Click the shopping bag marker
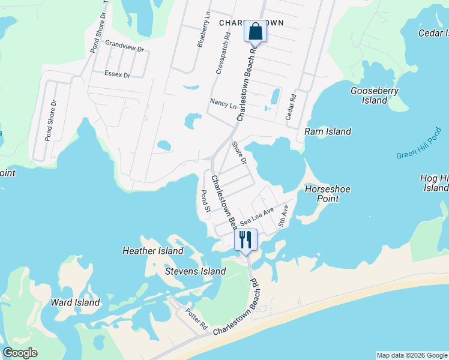pyautogui.click(x=255, y=31)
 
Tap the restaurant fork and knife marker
pyautogui.click(x=246, y=239)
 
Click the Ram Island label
pyautogui.click(x=328, y=131)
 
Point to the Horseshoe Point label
pyautogui.click(x=328, y=194)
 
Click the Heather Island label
pyautogui.click(x=153, y=251)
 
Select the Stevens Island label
pyautogui.click(x=196, y=271)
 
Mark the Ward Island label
pyautogui.click(x=75, y=302)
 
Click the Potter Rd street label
pyautogui.click(x=196, y=320)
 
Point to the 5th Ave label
pyautogui.click(x=283, y=217)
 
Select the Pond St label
pyautogui.click(x=205, y=202)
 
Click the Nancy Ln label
pyautogui.click(x=223, y=104)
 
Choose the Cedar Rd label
pyautogui.click(x=291, y=106)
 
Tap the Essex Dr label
pyautogui.click(x=117, y=75)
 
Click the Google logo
pyautogui.click(x=20, y=353)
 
